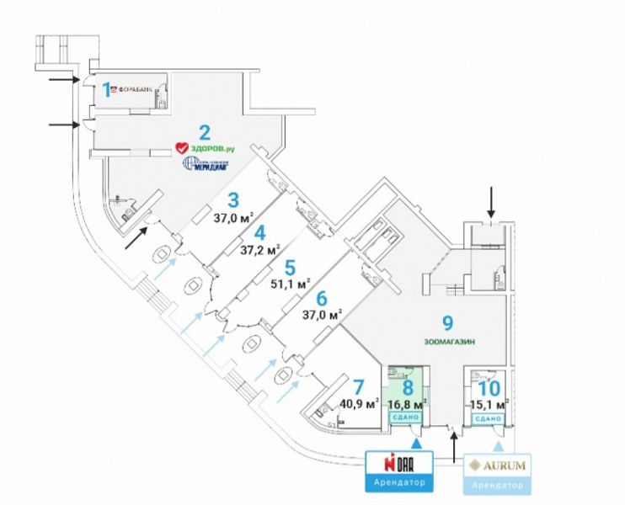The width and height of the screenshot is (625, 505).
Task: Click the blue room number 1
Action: click(x=107, y=88)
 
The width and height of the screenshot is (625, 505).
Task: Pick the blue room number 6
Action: click(x=321, y=297)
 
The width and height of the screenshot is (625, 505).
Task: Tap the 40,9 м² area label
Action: click(x=357, y=403)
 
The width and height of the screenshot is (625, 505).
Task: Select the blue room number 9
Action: click(x=447, y=322)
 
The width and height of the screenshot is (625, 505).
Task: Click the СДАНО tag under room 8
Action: click(x=408, y=417)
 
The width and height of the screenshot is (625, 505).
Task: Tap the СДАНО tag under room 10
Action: click(x=488, y=417)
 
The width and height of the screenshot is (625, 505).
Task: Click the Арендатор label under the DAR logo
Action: click(x=395, y=483)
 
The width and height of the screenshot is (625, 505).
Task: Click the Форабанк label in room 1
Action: click(x=135, y=87)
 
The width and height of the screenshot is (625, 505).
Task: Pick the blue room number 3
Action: click(x=233, y=200)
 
